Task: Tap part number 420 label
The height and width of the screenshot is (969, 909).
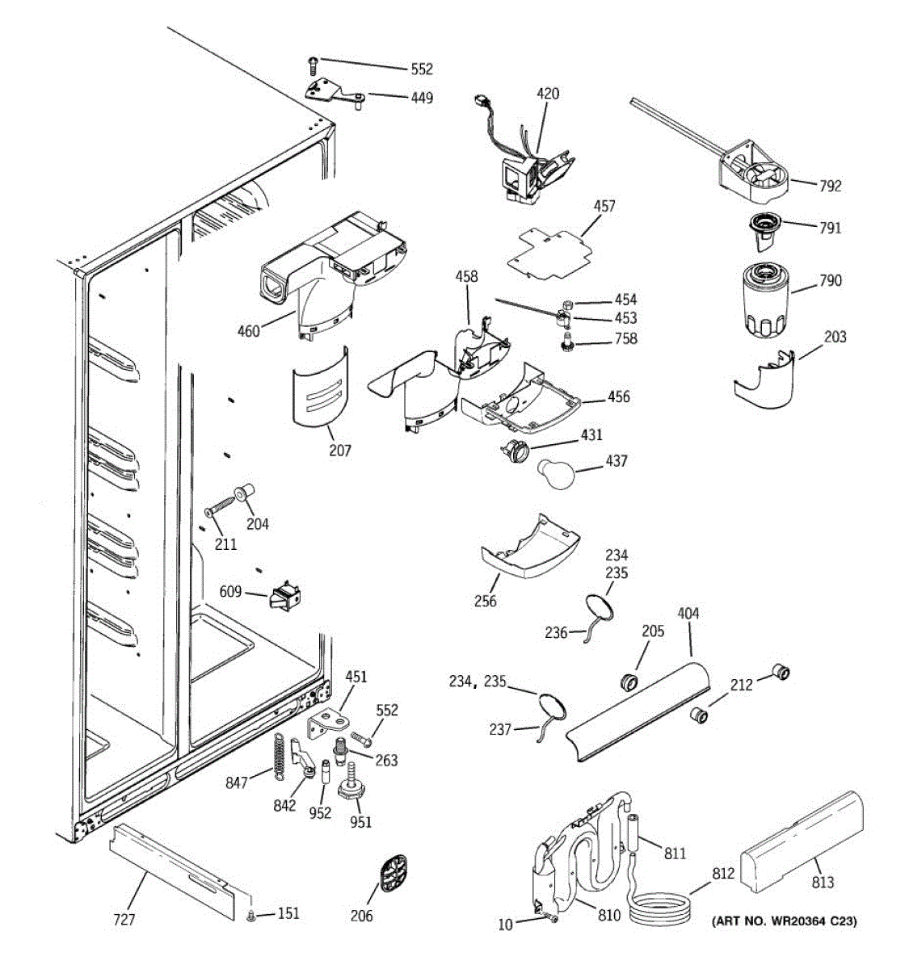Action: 547,94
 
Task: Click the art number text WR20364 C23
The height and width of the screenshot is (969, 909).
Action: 783,921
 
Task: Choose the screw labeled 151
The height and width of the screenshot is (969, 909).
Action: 250,916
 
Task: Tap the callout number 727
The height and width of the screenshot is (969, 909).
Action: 124,919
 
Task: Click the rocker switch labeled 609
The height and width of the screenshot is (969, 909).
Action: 284,598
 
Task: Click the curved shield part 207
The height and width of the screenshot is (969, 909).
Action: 321,388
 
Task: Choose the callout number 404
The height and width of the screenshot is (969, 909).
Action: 688,614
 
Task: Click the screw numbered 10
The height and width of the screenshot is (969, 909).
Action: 550,917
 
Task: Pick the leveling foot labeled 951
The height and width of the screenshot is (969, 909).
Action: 352,787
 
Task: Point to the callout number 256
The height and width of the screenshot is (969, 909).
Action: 486,601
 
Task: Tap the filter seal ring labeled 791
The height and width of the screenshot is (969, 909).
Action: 764,224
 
